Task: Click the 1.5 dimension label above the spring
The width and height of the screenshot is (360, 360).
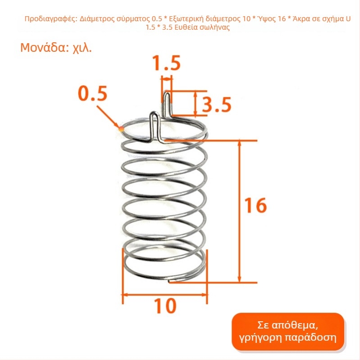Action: pyautogui.click(x=167, y=63)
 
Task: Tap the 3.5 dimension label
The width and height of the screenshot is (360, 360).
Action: pyautogui.click(x=217, y=104)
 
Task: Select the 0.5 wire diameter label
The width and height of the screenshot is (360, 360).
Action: pyautogui.click(x=93, y=94)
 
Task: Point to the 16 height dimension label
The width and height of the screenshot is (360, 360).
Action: pyautogui.click(x=255, y=205)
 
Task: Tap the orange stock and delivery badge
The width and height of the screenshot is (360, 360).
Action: pyautogui.click(x=287, y=331)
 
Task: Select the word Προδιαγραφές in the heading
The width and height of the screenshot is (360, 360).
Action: pyautogui.click(x=51, y=19)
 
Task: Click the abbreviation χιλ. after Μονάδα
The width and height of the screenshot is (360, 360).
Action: pyautogui.click(x=82, y=48)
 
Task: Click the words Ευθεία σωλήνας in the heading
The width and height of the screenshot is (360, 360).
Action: pyautogui.click(x=202, y=27)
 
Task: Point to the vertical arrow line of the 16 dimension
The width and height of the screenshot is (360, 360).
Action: pyautogui.click(x=240, y=211)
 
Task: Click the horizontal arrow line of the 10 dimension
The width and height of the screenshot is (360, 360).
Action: pyautogui.click(x=165, y=294)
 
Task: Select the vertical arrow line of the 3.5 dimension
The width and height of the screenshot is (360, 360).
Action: pyautogui.click(x=195, y=103)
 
